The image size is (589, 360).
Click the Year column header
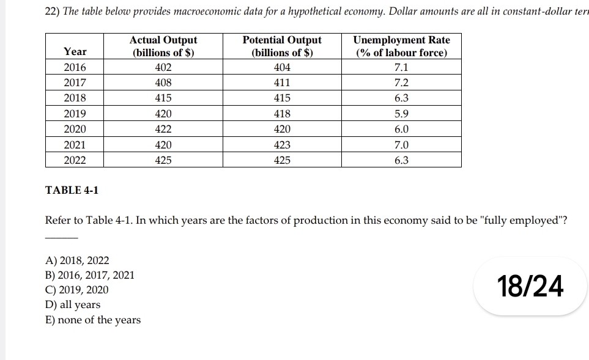tap(75, 52)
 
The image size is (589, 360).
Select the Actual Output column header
tap(163, 46)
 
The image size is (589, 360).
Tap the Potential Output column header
tap(282, 46)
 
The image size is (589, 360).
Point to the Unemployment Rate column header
tap(401, 46)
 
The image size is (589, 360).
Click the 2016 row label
tap(75, 67)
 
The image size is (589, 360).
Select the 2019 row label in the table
tap(75, 114)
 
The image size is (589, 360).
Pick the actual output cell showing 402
tap(163, 67)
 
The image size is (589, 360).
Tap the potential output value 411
tap(282, 83)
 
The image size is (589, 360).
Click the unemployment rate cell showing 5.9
tap(401, 114)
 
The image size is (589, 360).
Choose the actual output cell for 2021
tap(163, 145)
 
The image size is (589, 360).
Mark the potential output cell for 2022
tap(282, 160)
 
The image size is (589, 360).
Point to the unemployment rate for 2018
tap(401, 98)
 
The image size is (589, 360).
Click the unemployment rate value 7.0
tap(401, 145)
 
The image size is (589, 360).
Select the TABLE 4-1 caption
tap(72, 190)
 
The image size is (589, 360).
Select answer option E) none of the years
tap(93, 320)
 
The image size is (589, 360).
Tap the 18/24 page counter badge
tap(530, 286)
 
